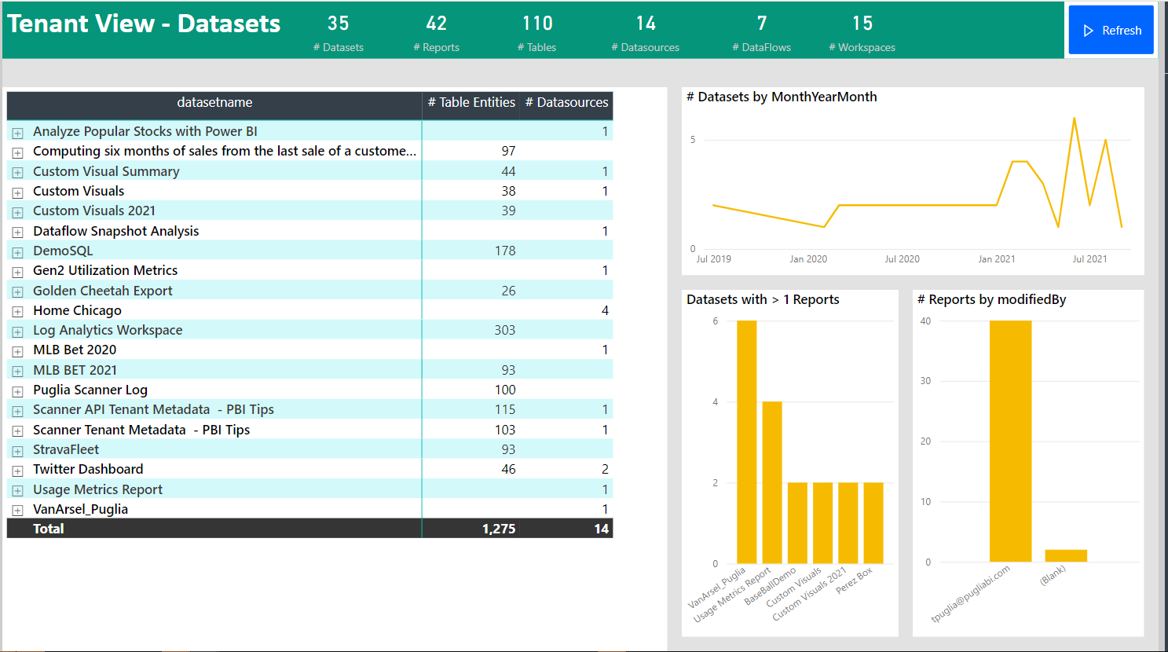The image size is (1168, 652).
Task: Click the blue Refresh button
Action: click(x=1111, y=31)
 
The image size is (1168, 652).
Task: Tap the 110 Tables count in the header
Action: click(x=537, y=24)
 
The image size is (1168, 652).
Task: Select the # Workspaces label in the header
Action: click(x=862, y=47)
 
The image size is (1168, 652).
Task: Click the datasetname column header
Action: click(x=214, y=103)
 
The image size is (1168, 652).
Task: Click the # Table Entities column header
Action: click(x=471, y=103)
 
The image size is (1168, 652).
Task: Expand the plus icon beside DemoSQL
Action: click(x=17, y=252)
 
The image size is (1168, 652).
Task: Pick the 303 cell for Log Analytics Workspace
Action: click(x=504, y=330)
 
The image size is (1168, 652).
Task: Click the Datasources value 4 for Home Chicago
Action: click(x=605, y=310)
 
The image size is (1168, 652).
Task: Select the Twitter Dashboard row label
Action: click(x=88, y=469)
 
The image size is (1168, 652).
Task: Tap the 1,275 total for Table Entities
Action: click(x=499, y=529)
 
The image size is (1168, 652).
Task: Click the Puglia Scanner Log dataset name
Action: click(x=90, y=390)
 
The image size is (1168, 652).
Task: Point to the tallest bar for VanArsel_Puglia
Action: click(x=746, y=440)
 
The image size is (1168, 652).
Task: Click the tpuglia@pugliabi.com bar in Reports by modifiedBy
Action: click(x=1010, y=440)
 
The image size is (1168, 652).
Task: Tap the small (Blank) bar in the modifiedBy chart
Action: click(x=1066, y=555)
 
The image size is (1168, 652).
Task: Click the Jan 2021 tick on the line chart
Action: click(x=996, y=259)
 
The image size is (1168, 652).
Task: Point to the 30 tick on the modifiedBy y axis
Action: click(x=925, y=381)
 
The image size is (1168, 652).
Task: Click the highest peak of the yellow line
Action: click(x=1074, y=119)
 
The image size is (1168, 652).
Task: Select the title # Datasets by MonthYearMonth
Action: click(x=782, y=97)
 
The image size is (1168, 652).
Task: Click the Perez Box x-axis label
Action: click(x=855, y=581)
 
